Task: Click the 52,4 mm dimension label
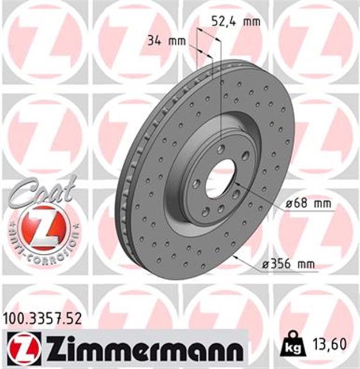pos(234,22)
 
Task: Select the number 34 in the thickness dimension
pos(153,40)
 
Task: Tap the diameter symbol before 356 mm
pos(265,264)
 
